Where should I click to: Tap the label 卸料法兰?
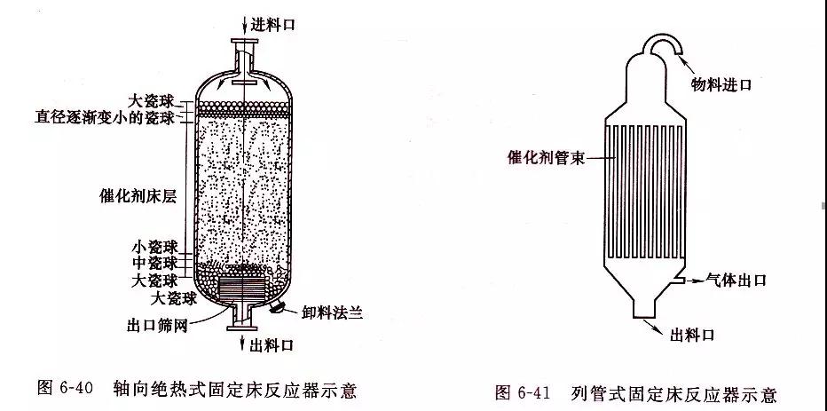coord(330,312)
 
